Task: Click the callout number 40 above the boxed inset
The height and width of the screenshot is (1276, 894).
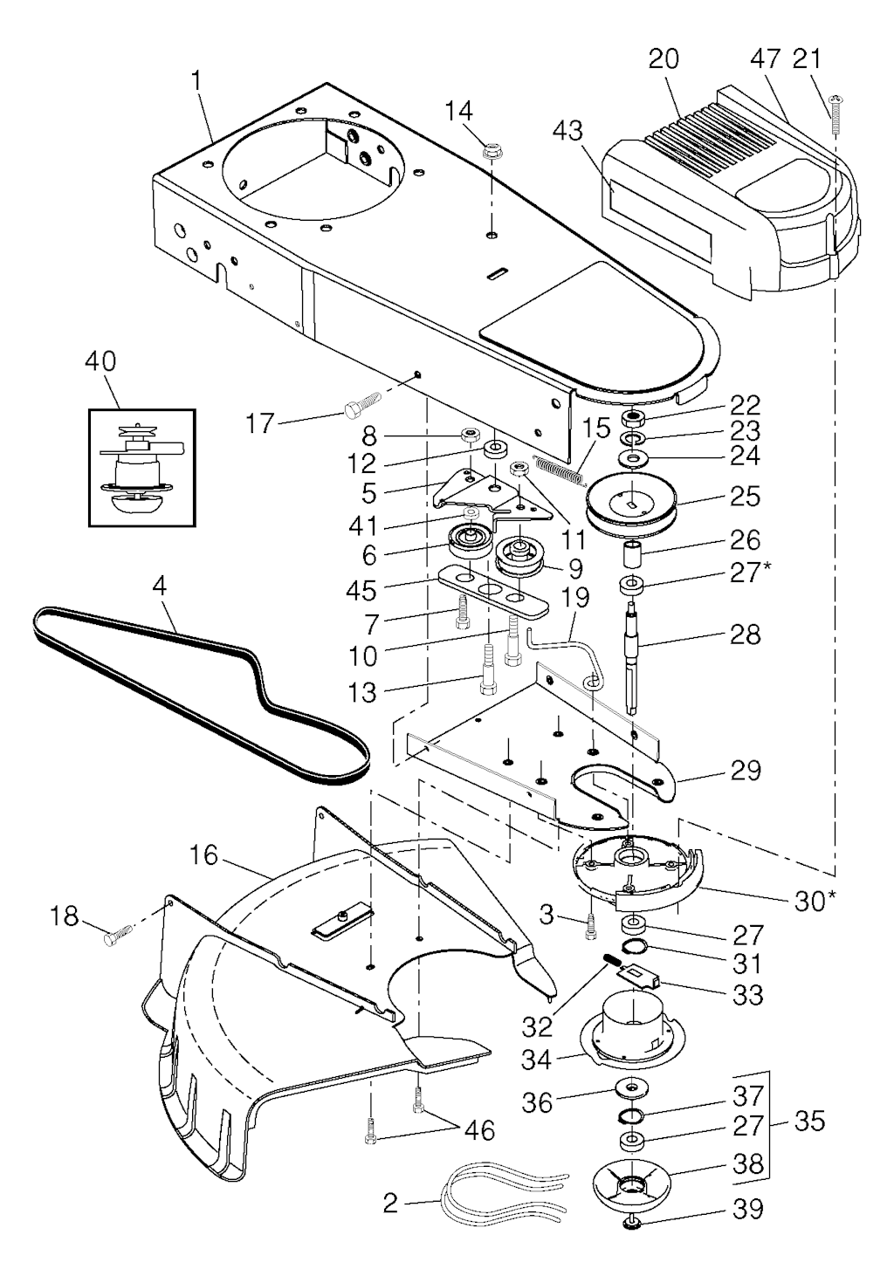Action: [x=101, y=361]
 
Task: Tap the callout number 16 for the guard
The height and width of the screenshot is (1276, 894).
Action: [x=203, y=854]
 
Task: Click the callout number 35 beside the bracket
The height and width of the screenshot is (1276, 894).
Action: [x=809, y=1122]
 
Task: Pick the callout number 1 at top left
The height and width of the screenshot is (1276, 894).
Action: [x=196, y=80]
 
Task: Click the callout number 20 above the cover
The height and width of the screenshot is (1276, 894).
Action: [x=664, y=59]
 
